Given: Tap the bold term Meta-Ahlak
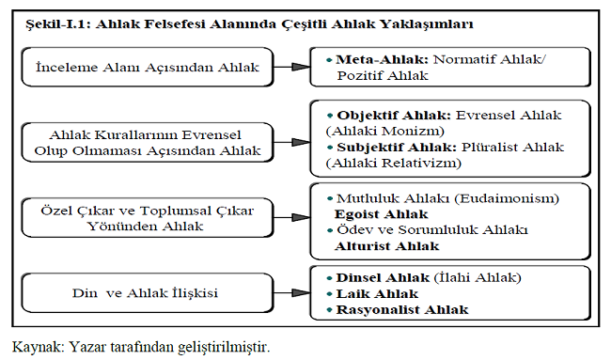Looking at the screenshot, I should (373, 58).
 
